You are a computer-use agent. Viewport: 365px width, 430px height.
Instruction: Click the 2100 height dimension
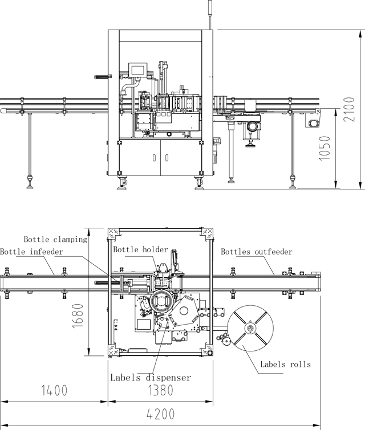(353, 109)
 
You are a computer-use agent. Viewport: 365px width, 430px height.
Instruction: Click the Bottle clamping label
(55, 239)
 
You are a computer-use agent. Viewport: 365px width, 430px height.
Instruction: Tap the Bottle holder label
(140, 249)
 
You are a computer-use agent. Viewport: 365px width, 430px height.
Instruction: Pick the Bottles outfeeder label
(257, 251)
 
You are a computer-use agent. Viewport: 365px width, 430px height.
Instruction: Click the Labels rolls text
(286, 364)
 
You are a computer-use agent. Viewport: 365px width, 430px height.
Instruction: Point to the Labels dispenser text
(151, 377)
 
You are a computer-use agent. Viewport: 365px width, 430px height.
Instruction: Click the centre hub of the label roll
(250, 329)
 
